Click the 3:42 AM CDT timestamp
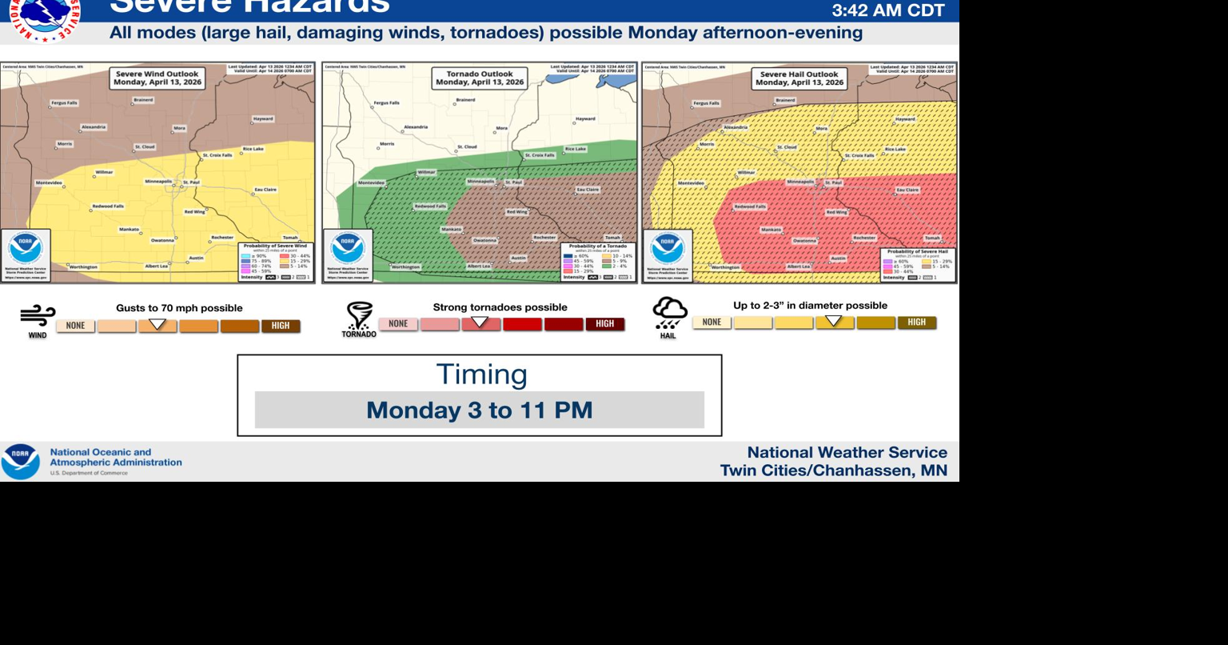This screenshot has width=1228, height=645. tap(888, 10)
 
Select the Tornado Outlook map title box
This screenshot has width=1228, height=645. tap(480, 78)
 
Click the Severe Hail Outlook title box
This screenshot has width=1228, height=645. tap(799, 78)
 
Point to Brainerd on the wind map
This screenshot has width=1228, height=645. tap(143, 100)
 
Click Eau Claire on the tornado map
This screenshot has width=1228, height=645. tap(588, 190)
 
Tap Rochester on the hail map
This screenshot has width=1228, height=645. tap(864, 238)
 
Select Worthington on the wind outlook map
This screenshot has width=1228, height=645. tap(83, 266)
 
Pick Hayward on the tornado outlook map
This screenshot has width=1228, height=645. tap(585, 118)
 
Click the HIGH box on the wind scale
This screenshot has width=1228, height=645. tap(281, 326)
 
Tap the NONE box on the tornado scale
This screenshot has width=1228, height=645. tap(398, 324)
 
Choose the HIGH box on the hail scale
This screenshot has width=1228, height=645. tap(917, 322)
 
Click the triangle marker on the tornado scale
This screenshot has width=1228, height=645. tap(480, 322)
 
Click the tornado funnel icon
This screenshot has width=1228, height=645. tap(359, 316)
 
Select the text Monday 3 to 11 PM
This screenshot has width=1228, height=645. tap(480, 410)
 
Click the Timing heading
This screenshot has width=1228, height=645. tap(481, 375)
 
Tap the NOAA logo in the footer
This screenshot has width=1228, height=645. tap(21, 462)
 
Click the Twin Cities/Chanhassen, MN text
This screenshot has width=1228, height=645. tap(833, 471)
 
